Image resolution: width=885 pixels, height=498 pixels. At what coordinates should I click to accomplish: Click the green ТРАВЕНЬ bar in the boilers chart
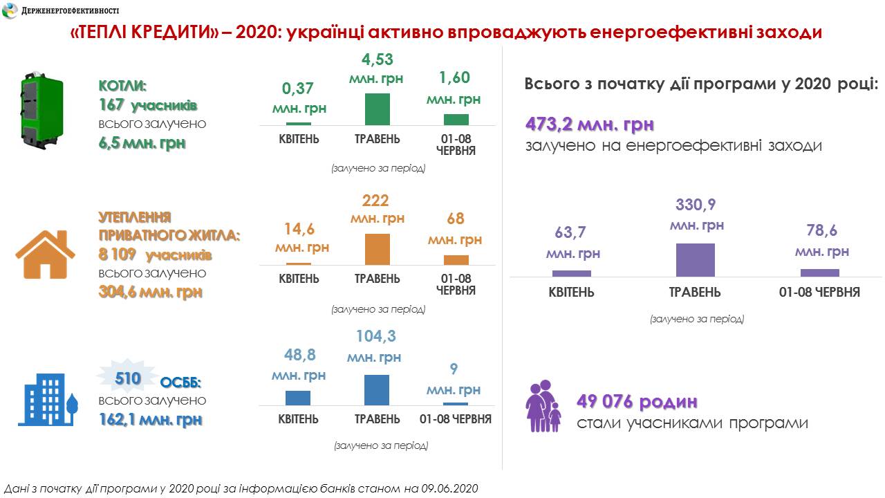coord(377,109)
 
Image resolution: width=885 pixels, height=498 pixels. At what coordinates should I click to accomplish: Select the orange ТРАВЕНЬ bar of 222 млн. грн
coord(377,249)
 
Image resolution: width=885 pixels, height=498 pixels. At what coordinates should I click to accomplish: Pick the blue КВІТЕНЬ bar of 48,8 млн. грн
coord(298,398)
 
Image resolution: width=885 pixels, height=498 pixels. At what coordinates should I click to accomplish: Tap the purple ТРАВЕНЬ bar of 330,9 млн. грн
coord(695,260)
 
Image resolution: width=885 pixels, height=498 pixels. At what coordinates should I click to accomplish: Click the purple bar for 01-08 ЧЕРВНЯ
coord(819,273)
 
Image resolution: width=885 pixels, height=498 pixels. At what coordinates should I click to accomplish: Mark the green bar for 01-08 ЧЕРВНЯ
coord(456,119)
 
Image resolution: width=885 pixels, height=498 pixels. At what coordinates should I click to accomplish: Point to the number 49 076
coord(605,402)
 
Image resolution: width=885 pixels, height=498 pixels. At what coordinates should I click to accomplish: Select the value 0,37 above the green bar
coord(298,89)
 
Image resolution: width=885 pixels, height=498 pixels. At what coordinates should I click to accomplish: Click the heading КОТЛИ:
coord(123,87)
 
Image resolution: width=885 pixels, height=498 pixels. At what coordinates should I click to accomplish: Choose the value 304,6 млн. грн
coord(150,292)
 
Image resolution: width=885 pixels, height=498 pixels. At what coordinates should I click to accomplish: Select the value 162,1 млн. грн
coord(150,419)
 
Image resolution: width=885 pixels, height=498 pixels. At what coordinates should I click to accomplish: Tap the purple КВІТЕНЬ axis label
coord(571,292)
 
